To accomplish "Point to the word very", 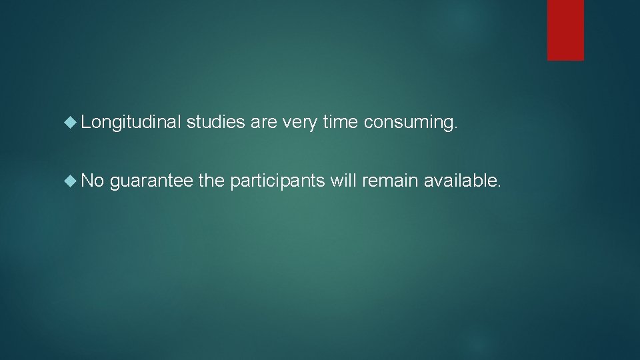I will (299, 122).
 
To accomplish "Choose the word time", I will (339, 122).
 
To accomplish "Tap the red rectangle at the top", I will (565, 30).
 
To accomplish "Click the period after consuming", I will (457, 127).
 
